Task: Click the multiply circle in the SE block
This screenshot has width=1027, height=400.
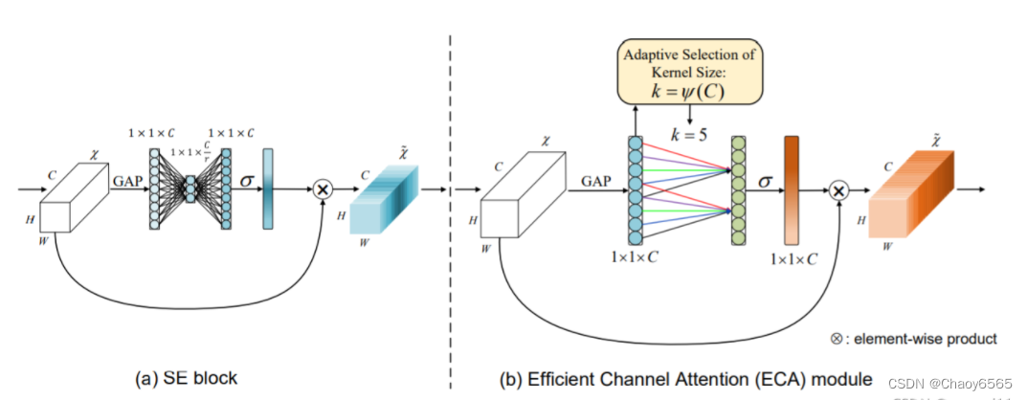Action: (x=323, y=189)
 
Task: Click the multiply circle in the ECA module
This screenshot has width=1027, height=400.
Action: (x=838, y=191)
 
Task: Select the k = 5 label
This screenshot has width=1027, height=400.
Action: (x=689, y=135)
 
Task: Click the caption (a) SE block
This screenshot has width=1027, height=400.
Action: (x=188, y=378)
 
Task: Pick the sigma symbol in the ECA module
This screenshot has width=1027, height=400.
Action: (x=763, y=180)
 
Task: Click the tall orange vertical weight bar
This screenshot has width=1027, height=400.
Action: (x=791, y=189)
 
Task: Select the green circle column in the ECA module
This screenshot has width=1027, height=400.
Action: (x=738, y=190)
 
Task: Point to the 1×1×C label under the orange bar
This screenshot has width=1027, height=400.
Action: (x=794, y=259)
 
